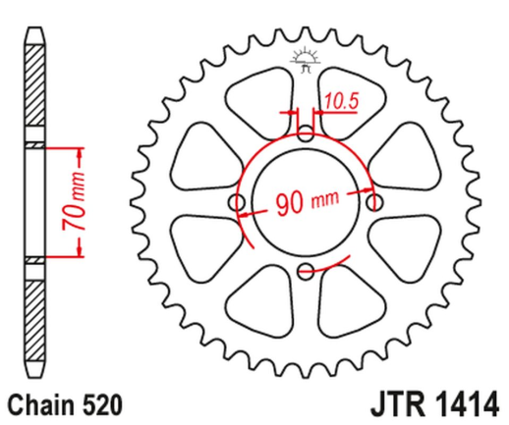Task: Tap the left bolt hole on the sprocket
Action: pos(236,202)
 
